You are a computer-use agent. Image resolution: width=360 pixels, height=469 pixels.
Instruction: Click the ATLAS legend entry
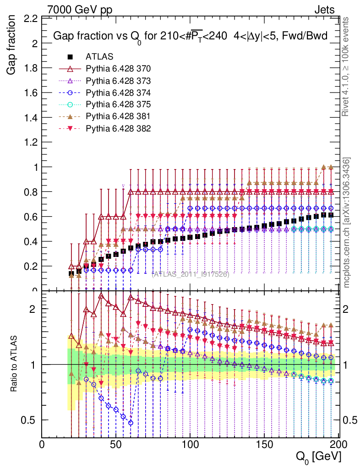[x=99, y=57]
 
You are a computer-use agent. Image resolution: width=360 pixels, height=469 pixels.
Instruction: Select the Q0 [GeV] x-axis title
[x=317, y=457]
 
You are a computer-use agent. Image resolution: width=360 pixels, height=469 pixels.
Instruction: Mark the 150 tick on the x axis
[x=264, y=444]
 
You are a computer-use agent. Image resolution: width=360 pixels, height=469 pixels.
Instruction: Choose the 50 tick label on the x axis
[x=116, y=444]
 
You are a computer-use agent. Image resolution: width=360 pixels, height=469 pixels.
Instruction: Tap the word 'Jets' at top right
[x=324, y=9]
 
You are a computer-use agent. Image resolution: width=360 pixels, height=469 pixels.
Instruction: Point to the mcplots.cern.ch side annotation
[x=347, y=223]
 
